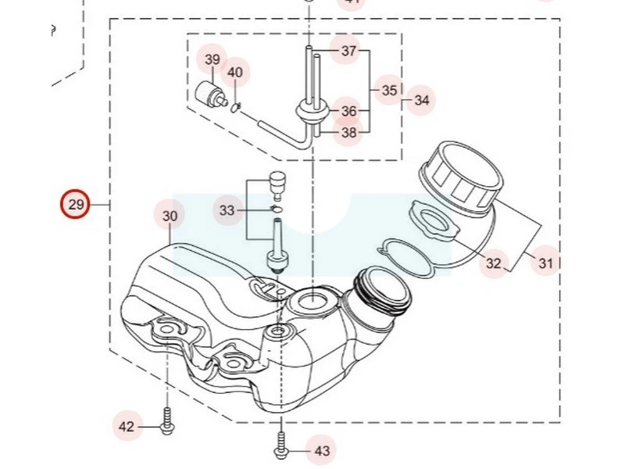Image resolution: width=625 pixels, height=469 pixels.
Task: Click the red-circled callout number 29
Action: tap(76, 206)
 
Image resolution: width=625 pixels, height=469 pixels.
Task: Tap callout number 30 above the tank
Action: tap(170, 216)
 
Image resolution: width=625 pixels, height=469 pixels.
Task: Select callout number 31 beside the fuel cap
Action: tap(545, 263)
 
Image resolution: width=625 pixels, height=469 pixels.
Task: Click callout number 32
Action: tap(493, 263)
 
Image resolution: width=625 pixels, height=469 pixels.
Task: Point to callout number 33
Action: tap(227, 210)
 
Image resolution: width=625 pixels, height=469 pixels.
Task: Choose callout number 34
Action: tap(422, 100)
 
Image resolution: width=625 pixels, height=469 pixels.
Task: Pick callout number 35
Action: tap(390, 91)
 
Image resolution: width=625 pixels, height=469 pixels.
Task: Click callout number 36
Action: tap(348, 112)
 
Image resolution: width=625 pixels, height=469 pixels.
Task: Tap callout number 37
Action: tap(348, 52)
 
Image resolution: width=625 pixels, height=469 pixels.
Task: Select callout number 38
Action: tap(348, 133)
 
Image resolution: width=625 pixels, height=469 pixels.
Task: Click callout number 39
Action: tap(212, 59)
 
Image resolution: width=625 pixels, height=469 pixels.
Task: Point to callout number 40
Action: tap(235, 73)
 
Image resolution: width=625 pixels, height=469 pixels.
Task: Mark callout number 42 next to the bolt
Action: tap(127, 427)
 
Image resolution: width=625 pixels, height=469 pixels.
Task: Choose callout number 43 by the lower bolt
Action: tap(322, 451)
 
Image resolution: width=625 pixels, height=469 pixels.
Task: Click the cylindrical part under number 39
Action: tap(211, 91)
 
